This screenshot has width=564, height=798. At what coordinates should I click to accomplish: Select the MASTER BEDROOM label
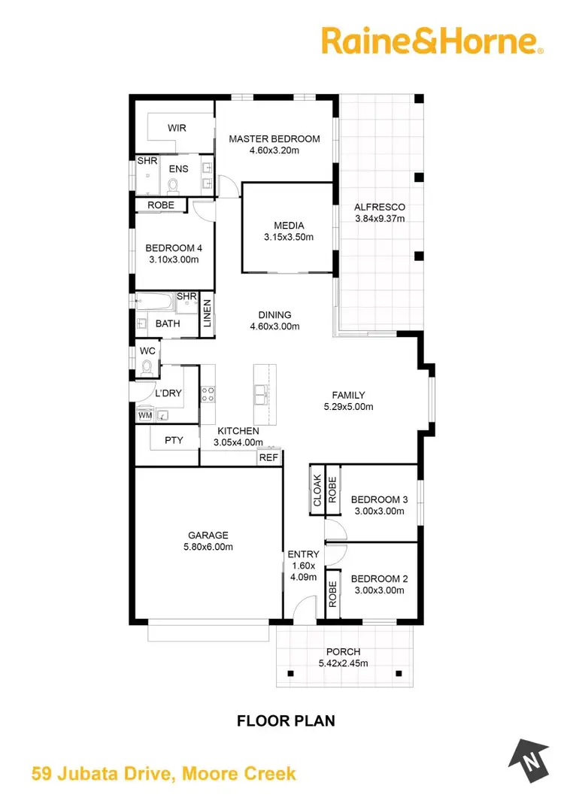pos(274,139)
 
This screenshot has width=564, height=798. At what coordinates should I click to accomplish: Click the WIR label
pos(177,128)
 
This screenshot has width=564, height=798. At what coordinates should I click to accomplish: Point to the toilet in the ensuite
pos(174,185)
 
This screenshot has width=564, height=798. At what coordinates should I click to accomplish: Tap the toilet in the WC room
pos(147,367)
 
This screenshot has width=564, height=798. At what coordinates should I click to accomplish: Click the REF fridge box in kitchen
pos(268,457)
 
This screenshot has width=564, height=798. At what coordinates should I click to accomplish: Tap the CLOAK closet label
pos(317,490)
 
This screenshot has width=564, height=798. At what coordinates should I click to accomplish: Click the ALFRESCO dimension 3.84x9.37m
pos(380,219)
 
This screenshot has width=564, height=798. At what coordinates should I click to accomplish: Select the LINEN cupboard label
pos(207,314)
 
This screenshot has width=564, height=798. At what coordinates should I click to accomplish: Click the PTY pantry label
pos(174,441)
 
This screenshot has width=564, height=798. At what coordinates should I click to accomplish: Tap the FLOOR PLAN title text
pos(286,721)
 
